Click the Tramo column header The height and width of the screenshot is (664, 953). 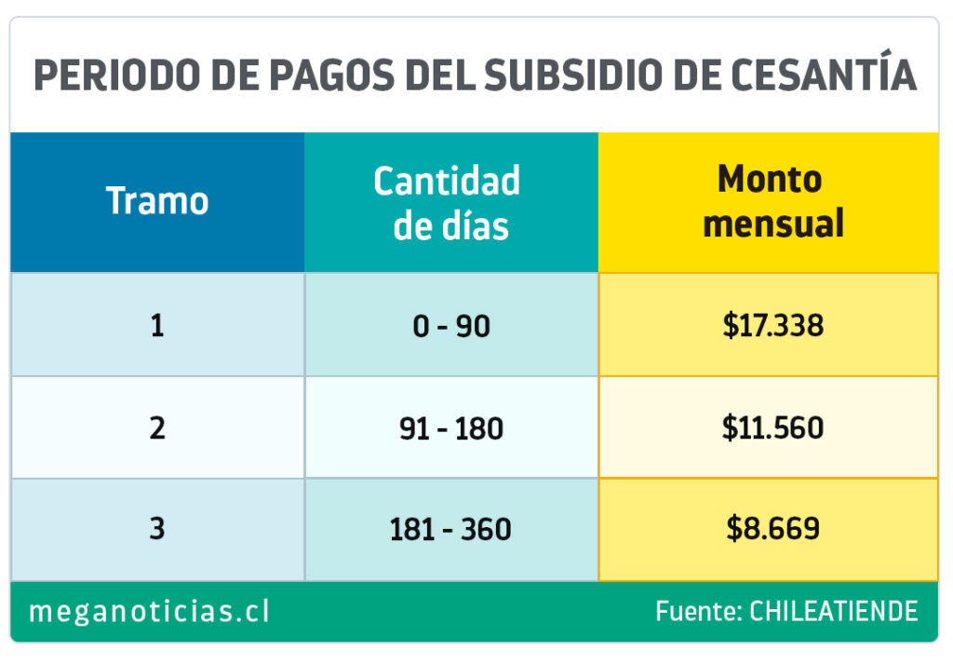point(157,201)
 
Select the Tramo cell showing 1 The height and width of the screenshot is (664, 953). point(157,326)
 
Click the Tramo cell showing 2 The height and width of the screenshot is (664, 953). point(157,427)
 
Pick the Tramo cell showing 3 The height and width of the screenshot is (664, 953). point(157,529)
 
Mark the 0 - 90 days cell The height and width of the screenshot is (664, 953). point(450,326)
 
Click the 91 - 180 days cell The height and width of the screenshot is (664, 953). point(450,427)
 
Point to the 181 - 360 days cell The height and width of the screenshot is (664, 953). point(450,529)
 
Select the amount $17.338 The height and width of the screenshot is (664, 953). point(772,326)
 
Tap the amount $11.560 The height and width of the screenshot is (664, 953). point(772,427)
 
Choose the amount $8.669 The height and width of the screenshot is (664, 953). point(772,529)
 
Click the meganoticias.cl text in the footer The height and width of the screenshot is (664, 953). point(150,612)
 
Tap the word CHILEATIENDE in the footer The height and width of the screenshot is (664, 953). point(834,612)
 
